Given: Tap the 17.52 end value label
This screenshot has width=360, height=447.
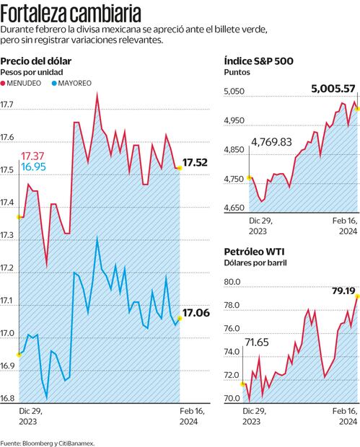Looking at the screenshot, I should click(196, 163).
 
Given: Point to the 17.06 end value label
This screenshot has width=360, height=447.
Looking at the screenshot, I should click(196, 313).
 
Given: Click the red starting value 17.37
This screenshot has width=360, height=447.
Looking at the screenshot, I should click(33, 156).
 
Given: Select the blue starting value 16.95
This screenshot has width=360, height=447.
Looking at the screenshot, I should click(33, 167).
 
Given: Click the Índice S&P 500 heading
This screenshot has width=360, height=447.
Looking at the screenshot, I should click(258, 61).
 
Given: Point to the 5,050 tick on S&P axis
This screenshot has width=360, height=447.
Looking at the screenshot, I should click(237, 92).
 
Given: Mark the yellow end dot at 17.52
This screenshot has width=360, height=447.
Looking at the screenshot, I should click(179, 168).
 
